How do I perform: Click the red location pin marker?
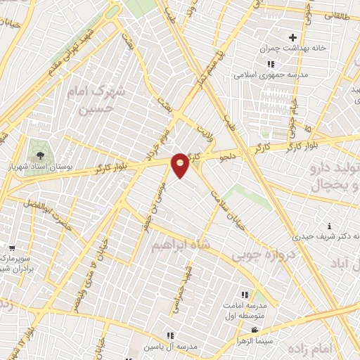(181, 165)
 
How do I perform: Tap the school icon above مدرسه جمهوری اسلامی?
(271, 64)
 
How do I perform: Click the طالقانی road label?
(338, 14)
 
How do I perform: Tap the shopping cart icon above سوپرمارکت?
(12, 247)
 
